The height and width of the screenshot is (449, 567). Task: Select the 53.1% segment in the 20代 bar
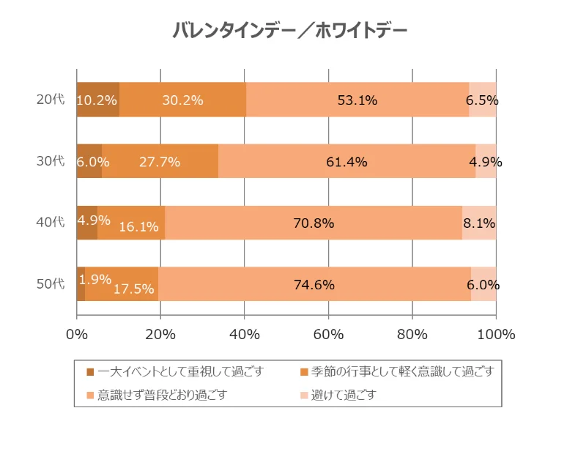(357, 100)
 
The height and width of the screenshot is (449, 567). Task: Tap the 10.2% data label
(97, 100)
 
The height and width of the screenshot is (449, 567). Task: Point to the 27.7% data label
(160, 162)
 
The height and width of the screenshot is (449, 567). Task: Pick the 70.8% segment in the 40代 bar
(314, 223)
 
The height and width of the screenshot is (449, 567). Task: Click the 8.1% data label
(481, 223)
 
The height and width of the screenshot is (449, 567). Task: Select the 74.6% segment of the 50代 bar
(314, 285)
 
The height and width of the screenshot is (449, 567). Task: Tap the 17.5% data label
(134, 289)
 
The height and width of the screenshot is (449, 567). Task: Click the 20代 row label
(51, 100)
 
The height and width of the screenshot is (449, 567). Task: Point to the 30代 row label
(51, 162)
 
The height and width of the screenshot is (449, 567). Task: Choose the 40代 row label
(51, 223)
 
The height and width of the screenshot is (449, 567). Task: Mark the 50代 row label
(51, 285)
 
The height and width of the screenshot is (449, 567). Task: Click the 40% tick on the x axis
(245, 335)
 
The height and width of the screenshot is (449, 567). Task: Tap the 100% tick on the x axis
(496, 335)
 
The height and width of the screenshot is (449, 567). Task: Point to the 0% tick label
(77, 335)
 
